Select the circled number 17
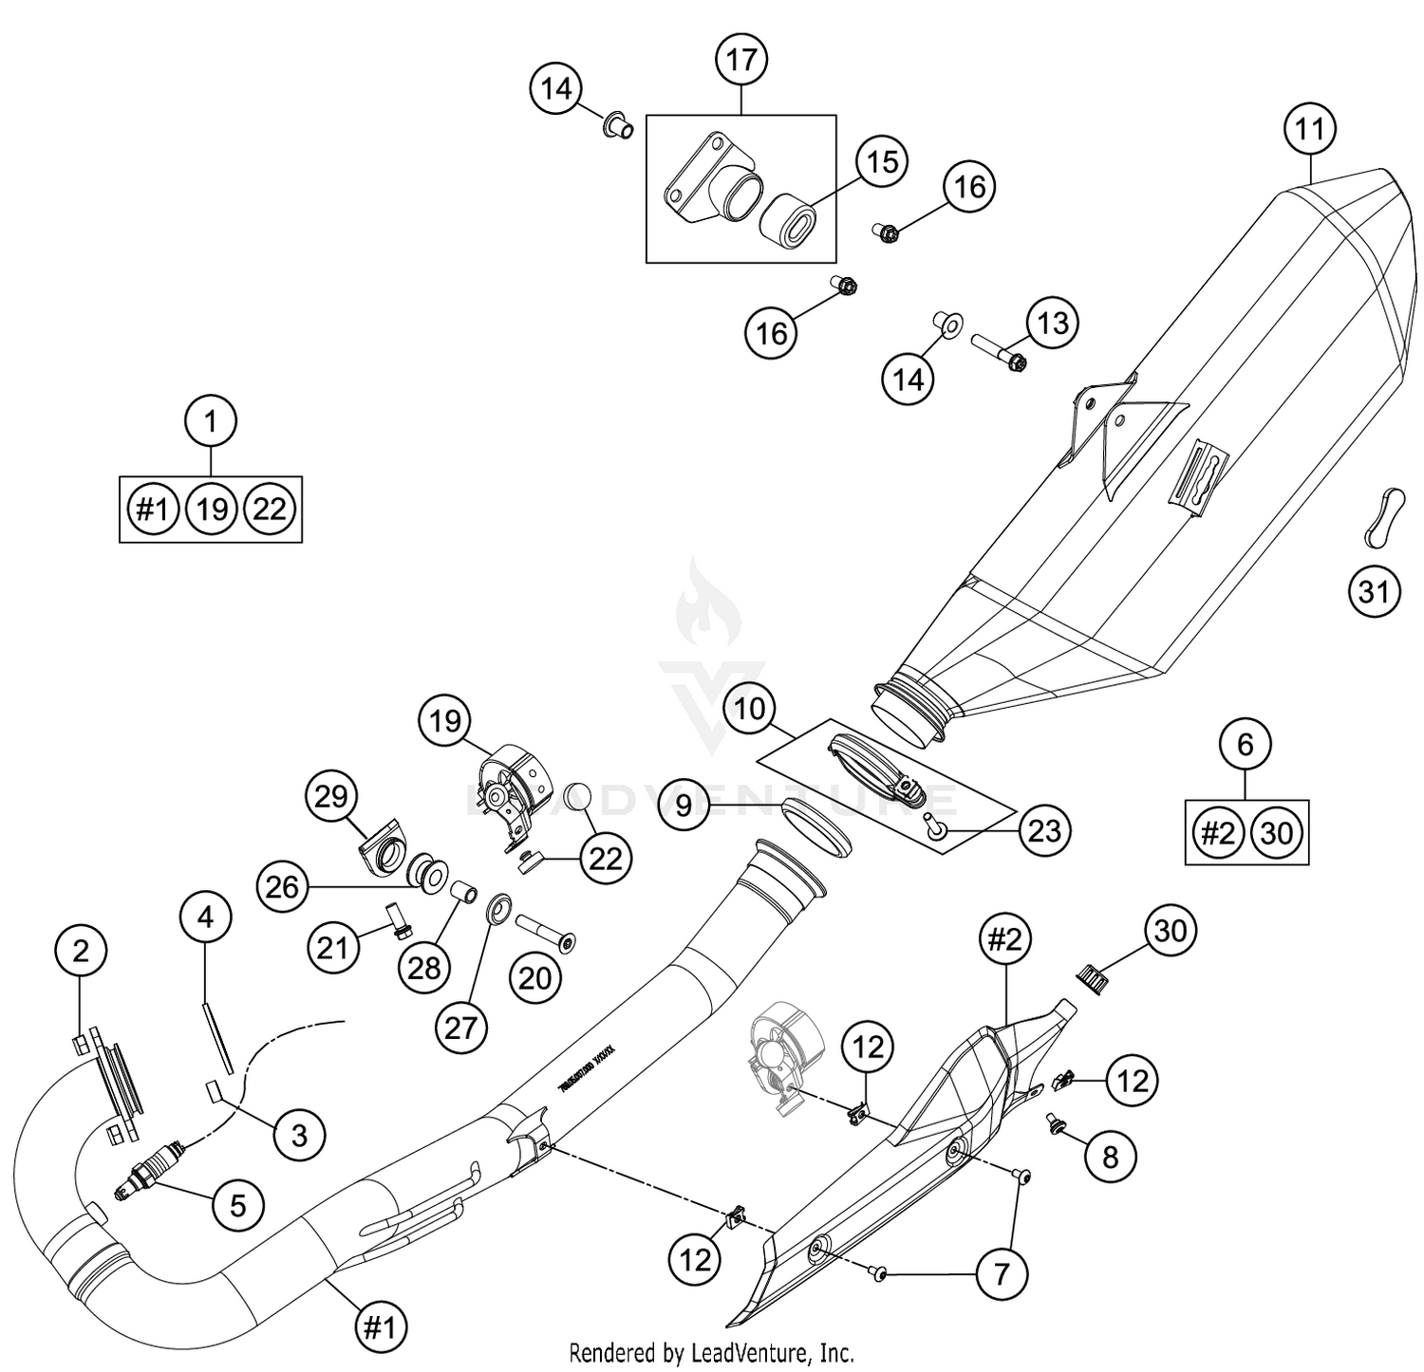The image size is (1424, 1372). coord(741,60)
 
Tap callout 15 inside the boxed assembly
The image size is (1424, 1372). coord(882,162)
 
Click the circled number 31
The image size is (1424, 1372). coord(1374,592)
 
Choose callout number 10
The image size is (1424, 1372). coord(749,709)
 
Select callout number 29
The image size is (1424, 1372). coord(331,796)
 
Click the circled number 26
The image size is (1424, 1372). coord(283,887)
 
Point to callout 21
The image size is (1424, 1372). coord(333,946)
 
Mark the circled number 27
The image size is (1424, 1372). coord(460,1027)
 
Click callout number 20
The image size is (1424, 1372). coord(535,977)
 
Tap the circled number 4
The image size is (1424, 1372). coord(206,917)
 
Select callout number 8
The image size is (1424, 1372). coord(1110,1156)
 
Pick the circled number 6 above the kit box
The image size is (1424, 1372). coord(1246,744)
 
